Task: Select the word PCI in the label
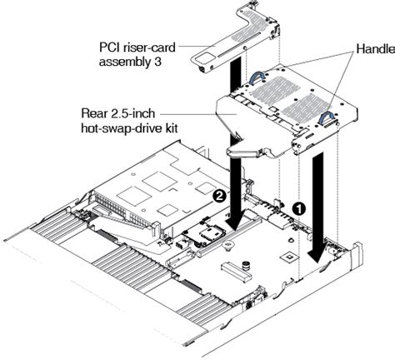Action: tap(110, 48)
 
